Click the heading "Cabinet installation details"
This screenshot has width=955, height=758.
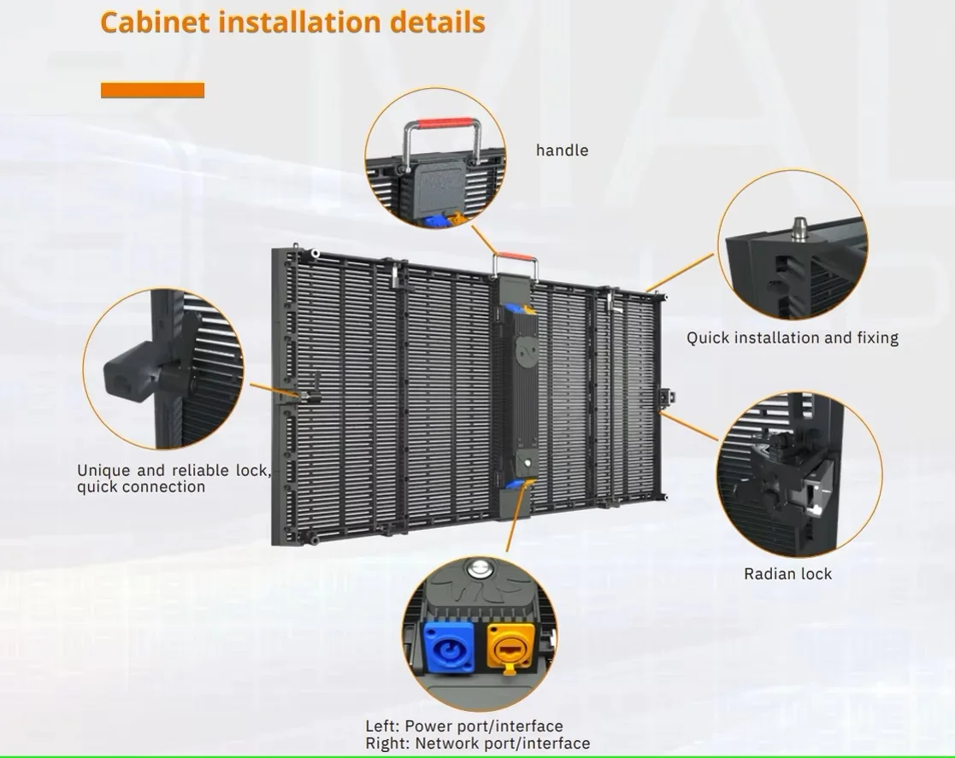coord(292,22)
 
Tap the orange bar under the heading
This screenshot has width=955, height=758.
coord(152,90)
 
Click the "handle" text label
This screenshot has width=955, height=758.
coord(562,150)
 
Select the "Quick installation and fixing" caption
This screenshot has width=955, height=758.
coord(793,338)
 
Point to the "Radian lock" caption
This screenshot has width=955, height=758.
coord(787,573)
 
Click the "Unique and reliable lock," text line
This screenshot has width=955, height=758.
coord(174,470)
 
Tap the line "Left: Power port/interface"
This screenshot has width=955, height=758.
coord(464,726)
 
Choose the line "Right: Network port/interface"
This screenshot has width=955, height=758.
coord(477,743)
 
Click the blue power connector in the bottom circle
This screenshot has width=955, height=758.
coord(445,646)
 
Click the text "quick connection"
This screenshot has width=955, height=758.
coord(141,487)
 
